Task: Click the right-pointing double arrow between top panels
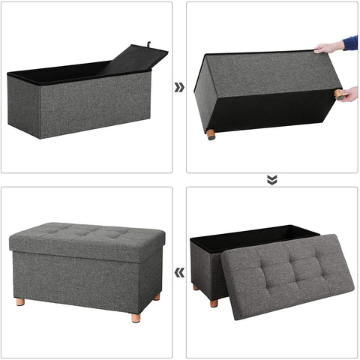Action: point(179,87)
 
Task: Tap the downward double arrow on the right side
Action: point(271,179)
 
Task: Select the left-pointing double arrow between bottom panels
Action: point(179,272)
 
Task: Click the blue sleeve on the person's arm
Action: point(351,43)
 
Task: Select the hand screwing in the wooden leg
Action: point(348,94)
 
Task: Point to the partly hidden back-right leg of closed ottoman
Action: point(157,296)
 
